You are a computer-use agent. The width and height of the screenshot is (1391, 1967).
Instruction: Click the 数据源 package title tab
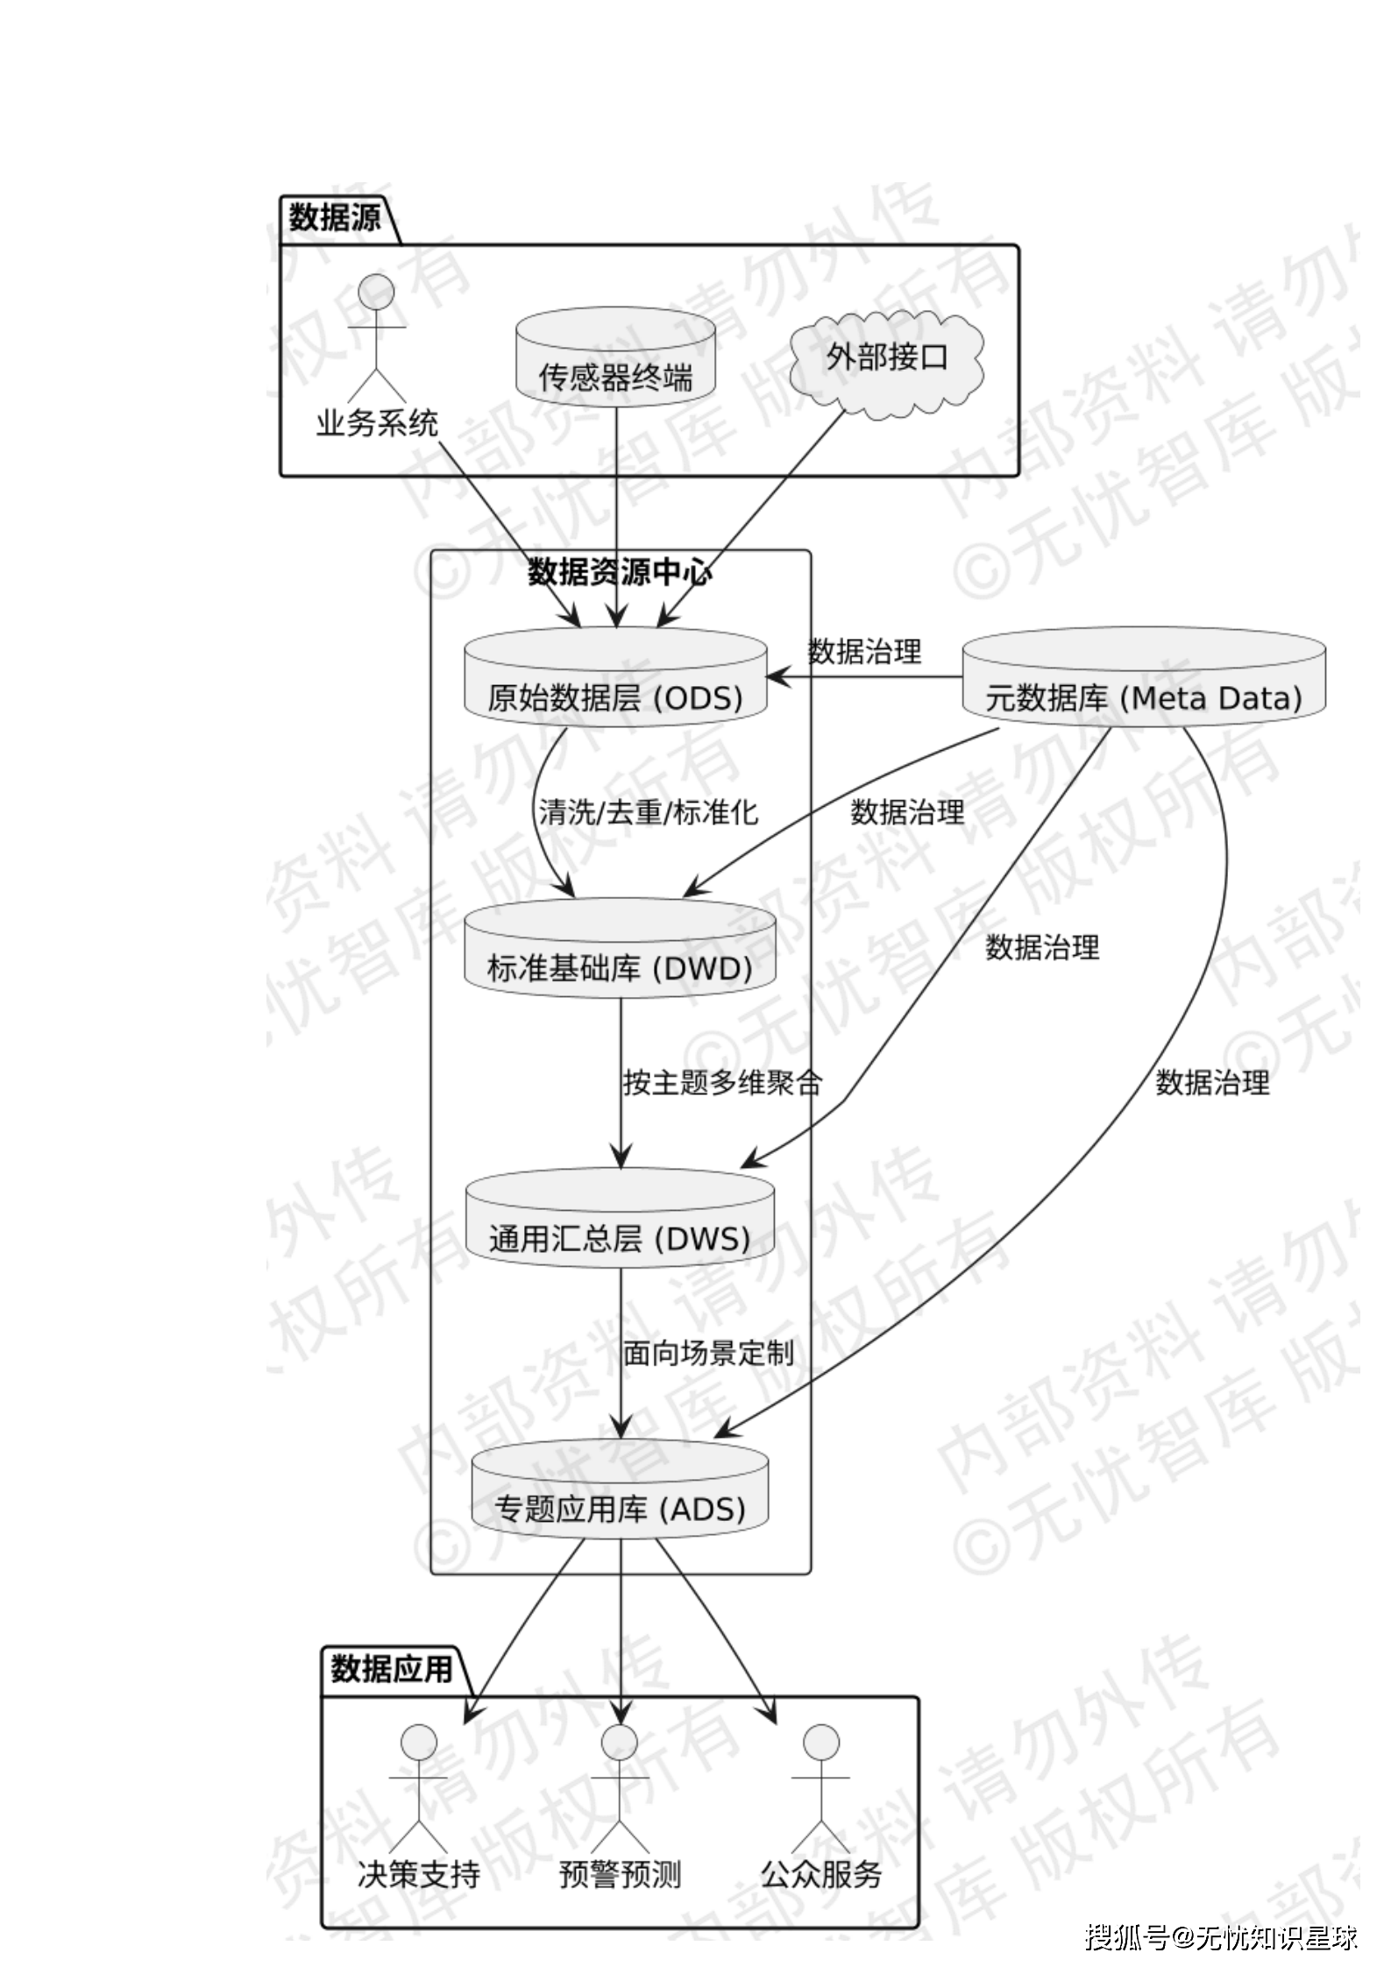pos(335,217)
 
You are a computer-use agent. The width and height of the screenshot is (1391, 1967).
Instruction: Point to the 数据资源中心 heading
pos(620,573)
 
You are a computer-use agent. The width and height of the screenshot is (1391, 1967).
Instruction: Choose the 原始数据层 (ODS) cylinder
pos(615,677)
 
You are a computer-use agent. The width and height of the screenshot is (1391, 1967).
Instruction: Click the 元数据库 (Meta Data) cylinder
pos(1144,676)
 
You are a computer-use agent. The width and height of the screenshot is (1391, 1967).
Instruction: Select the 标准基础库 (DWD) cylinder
pos(620,948)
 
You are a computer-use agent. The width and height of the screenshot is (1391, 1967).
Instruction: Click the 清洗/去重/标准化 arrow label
pos(648,812)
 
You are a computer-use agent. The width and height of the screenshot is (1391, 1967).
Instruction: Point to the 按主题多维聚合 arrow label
pos(722,1083)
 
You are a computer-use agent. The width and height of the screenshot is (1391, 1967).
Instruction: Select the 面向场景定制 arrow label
pos(708,1354)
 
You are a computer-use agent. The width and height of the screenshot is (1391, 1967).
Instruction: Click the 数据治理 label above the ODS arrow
pos(864,651)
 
